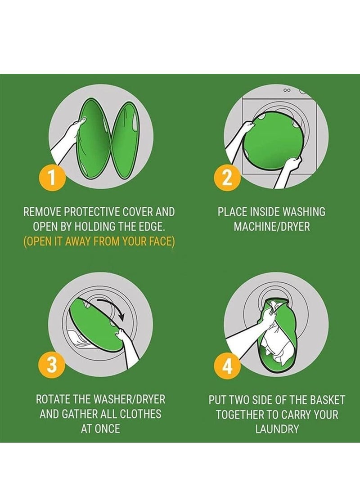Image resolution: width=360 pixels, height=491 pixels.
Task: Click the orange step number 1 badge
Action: [52, 177]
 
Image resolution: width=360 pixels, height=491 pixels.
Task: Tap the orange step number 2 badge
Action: [227, 177]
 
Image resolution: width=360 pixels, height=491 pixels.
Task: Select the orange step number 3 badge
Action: [52, 365]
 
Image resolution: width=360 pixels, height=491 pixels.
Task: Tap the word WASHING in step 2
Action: [304, 212]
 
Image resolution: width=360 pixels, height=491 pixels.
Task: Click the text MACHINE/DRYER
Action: [272, 227]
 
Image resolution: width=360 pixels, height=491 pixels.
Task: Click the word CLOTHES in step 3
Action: [140, 414]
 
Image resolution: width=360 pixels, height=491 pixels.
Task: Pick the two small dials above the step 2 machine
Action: [287, 90]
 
